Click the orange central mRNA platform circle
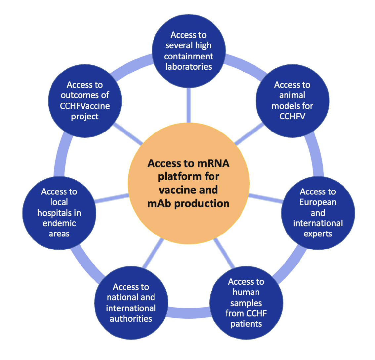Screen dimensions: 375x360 pos(189,183)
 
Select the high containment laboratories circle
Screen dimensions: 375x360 pos(189,51)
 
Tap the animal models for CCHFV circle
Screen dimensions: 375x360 pos(292,101)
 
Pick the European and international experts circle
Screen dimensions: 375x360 pos(318,213)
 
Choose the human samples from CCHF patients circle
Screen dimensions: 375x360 pos(246,303)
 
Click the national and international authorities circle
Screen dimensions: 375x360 pos(131,303)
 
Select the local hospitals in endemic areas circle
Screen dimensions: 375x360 pos(59,213)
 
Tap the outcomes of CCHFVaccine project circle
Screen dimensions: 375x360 pos(85,101)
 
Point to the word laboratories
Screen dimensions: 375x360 pos(189,67)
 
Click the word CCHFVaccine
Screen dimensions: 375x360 pos(85,106)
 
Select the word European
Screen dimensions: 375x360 pos(318,202)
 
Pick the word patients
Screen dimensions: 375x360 pos(246,324)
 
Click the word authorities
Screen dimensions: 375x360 pos(131,319)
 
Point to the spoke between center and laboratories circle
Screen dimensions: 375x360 pos(189,105)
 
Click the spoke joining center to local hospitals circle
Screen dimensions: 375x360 pos(112,198)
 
